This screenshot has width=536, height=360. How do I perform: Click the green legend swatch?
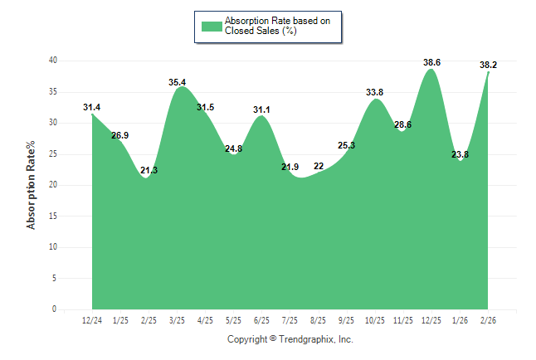pyautogui.click(x=212, y=26)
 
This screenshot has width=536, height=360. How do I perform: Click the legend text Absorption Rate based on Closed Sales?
pyautogui.click(x=271, y=26)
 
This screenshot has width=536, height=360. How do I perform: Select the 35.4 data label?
pyautogui.click(x=177, y=82)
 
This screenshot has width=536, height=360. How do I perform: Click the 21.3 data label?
pyautogui.click(x=149, y=170)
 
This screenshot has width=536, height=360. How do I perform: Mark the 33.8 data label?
pyautogui.click(x=374, y=92)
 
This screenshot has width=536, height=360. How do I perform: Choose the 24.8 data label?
pyautogui.click(x=233, y=148)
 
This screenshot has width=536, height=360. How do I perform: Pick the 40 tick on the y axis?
pyautogui.click(x=52, y=61)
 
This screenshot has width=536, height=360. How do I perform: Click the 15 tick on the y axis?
pyautogui.click(x=52, y=216)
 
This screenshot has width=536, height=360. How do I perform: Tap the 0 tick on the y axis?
pyautogui.click(x=55, y=309)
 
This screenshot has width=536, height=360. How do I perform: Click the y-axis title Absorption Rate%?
pyautogui.click(x=32, y=184)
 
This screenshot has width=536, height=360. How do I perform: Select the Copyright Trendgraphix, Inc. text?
pyautogui.click(x=290, y=339)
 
